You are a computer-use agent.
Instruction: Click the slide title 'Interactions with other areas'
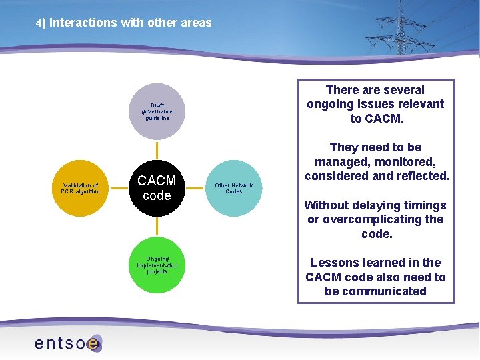(x=130, y=23)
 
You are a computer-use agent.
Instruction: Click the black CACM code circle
(x=156, y=188)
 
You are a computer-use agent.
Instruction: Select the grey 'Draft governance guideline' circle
(x=156, y=111)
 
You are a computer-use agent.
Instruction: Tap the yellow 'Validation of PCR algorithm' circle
(x=79, y=189)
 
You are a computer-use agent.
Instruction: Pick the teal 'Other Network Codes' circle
(x=233, y=188)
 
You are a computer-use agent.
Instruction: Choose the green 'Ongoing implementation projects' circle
(x=156, y=265)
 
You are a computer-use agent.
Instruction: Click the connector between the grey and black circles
(x=156, y=149)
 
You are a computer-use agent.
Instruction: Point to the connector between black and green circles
(x=156, y=227)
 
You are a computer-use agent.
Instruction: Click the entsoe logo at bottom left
(x=67, y=343)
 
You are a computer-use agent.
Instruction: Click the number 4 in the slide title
(x=39, y=23)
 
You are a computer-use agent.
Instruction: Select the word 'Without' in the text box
(x=325, y=205)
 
